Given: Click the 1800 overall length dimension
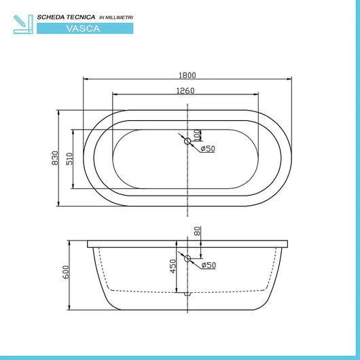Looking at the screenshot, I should [187, 75].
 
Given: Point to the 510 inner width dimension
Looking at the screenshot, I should [69, 158].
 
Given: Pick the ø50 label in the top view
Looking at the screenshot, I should [207, 149].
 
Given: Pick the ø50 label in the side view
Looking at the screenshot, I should [207, 266].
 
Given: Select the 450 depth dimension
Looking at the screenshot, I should [173, 266].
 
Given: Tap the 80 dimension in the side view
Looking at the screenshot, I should [198, 231].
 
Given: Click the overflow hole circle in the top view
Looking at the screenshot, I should [187, 141].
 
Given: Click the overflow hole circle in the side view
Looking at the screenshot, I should [187, 259].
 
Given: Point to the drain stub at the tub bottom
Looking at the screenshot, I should [187, 293].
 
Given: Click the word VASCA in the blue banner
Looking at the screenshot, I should [86, 28].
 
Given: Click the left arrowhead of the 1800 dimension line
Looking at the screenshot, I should [85, 80].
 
